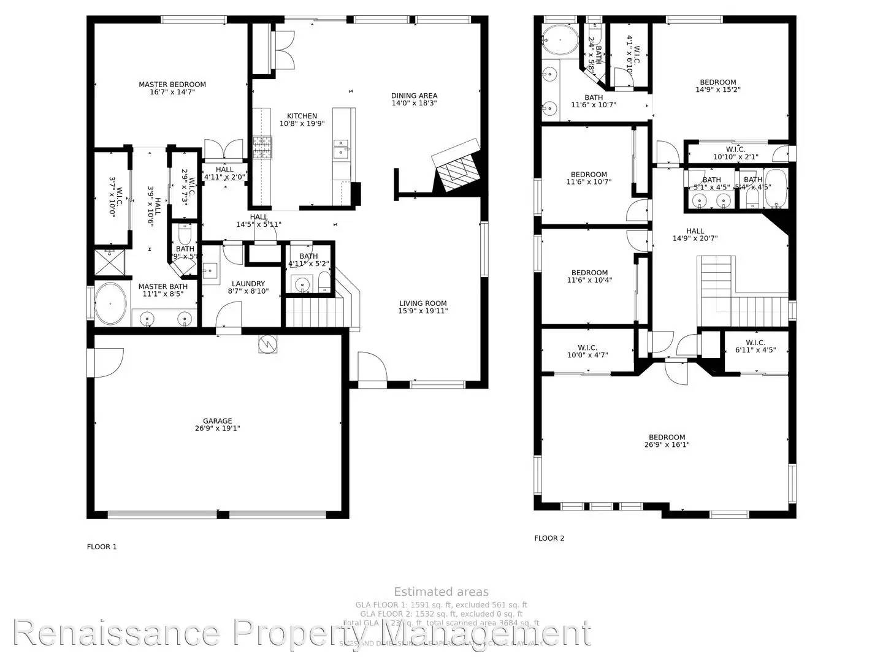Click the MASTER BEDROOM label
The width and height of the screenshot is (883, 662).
click(x=172, y=85)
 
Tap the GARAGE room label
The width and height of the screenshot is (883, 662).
click(x=217, y=420)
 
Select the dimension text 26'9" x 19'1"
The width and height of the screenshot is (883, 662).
click(x=217, y=428)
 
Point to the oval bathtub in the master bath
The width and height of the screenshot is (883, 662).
click(x=111, y=303)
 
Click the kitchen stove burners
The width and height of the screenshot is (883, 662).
click(x=262, y=147)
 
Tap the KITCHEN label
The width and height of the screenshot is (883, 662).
click(x=302, y=116)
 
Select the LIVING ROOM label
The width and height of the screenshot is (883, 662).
click(x=422, y=303)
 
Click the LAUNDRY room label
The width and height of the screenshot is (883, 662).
click(x=248, y=284)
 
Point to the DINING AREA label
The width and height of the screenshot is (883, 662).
click(x=414, y=96)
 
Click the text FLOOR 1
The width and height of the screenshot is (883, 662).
click(x=101, y=547)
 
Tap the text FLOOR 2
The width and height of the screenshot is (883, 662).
click(x=549, y=538)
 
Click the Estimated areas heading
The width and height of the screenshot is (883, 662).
click(x=441, y=592)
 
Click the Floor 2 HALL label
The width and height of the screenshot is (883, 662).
click(x=695, y=231)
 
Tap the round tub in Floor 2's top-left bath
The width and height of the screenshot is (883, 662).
click(x=560, y=40)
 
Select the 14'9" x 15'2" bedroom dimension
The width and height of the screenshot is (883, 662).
click(x=718, y=89)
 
